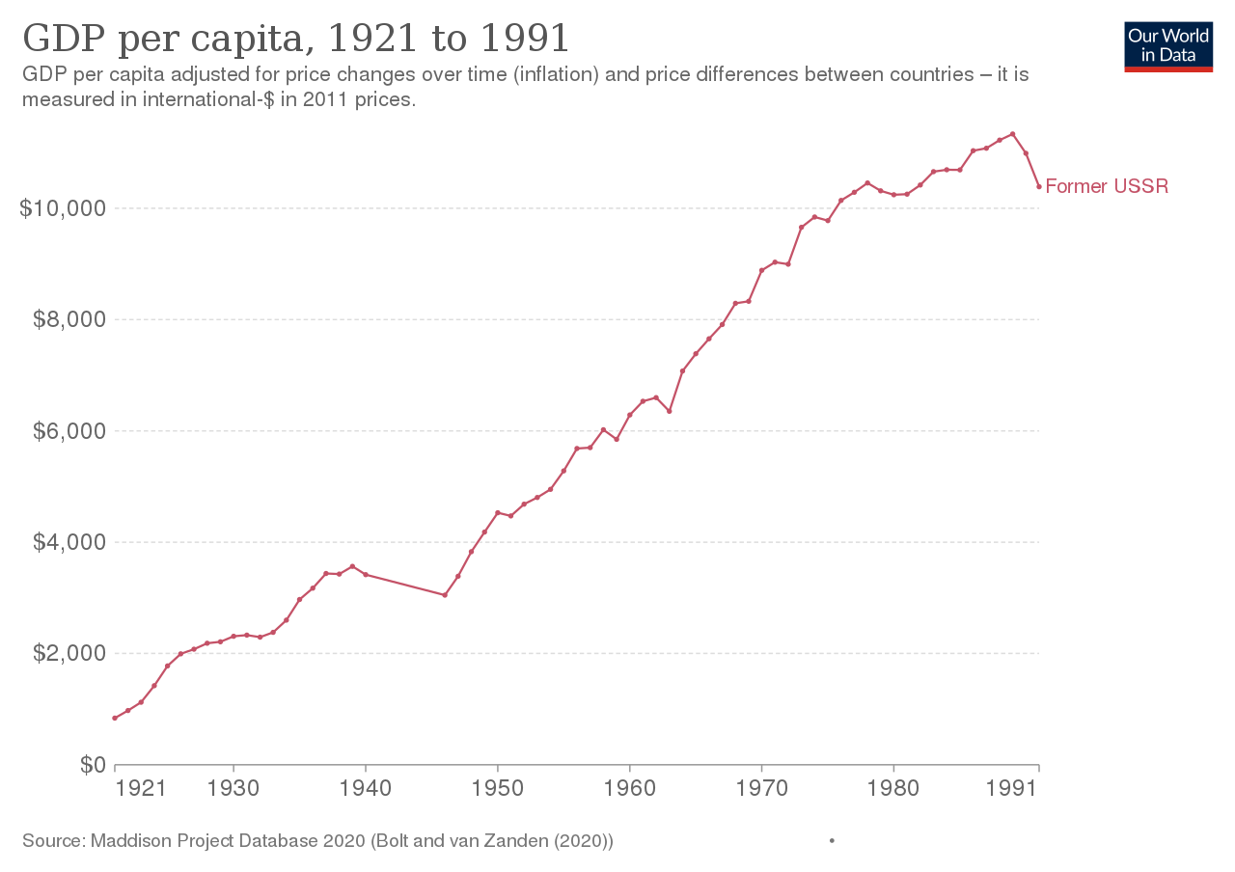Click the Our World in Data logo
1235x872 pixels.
click(x=1168, y=45)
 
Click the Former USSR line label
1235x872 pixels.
click(x=1107, y=186)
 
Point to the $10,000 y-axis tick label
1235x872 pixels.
click(x=61, y=208)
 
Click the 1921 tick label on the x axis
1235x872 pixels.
click(x=142, y=788)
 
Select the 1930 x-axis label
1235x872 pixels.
click(x=233, y=788)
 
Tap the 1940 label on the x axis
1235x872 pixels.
click(x=366, y=788)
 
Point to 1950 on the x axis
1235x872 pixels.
click(x=498, y=788)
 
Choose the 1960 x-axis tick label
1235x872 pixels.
click(x=630, y=788)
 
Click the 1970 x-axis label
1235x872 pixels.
click(x=762, y=788)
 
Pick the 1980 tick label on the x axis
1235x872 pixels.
click(x=894, y=788)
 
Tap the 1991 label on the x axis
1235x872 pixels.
click(x=1014, y=788)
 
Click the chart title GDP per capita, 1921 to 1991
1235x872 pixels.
click(x=295, y=40)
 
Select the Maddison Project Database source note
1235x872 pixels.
click(x=317, y=841)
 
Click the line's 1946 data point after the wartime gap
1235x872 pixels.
click(x=445, y=594)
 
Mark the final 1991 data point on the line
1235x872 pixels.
click(x=1039, y=186)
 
